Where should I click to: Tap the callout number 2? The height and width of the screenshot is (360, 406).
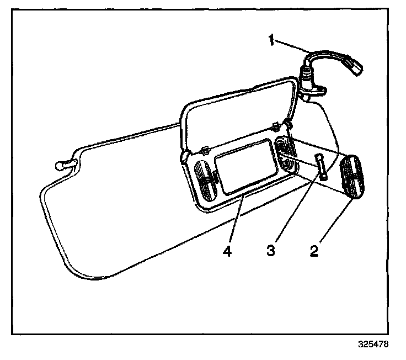314,251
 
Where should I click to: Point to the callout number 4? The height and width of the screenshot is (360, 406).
227,251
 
